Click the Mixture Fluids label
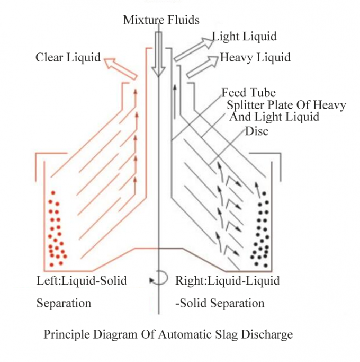point(161,21)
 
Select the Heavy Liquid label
point(255,57)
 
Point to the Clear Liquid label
point(68,57)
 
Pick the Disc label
point(256,131)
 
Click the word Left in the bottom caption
point(46,280)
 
